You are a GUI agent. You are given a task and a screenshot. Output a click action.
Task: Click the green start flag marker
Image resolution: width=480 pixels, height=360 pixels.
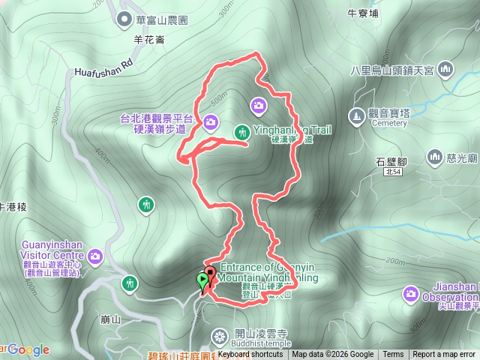[202, 281]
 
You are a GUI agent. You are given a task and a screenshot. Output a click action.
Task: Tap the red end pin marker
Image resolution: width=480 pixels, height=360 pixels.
[210, 274]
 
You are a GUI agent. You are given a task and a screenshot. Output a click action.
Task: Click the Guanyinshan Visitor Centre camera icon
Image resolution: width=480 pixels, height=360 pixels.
[95, 256]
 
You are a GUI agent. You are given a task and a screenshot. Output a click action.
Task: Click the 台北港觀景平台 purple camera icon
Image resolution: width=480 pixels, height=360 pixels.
[210, 121]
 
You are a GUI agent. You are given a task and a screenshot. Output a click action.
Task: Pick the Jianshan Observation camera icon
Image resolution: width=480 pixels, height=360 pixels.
[410, 292]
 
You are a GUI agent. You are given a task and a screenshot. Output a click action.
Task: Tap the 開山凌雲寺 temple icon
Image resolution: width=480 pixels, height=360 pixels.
[219, 334]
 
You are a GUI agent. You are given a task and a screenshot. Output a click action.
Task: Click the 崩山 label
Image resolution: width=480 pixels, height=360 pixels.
[110, 319]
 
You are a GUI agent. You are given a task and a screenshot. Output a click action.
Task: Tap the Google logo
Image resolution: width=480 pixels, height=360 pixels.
[28, 349]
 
